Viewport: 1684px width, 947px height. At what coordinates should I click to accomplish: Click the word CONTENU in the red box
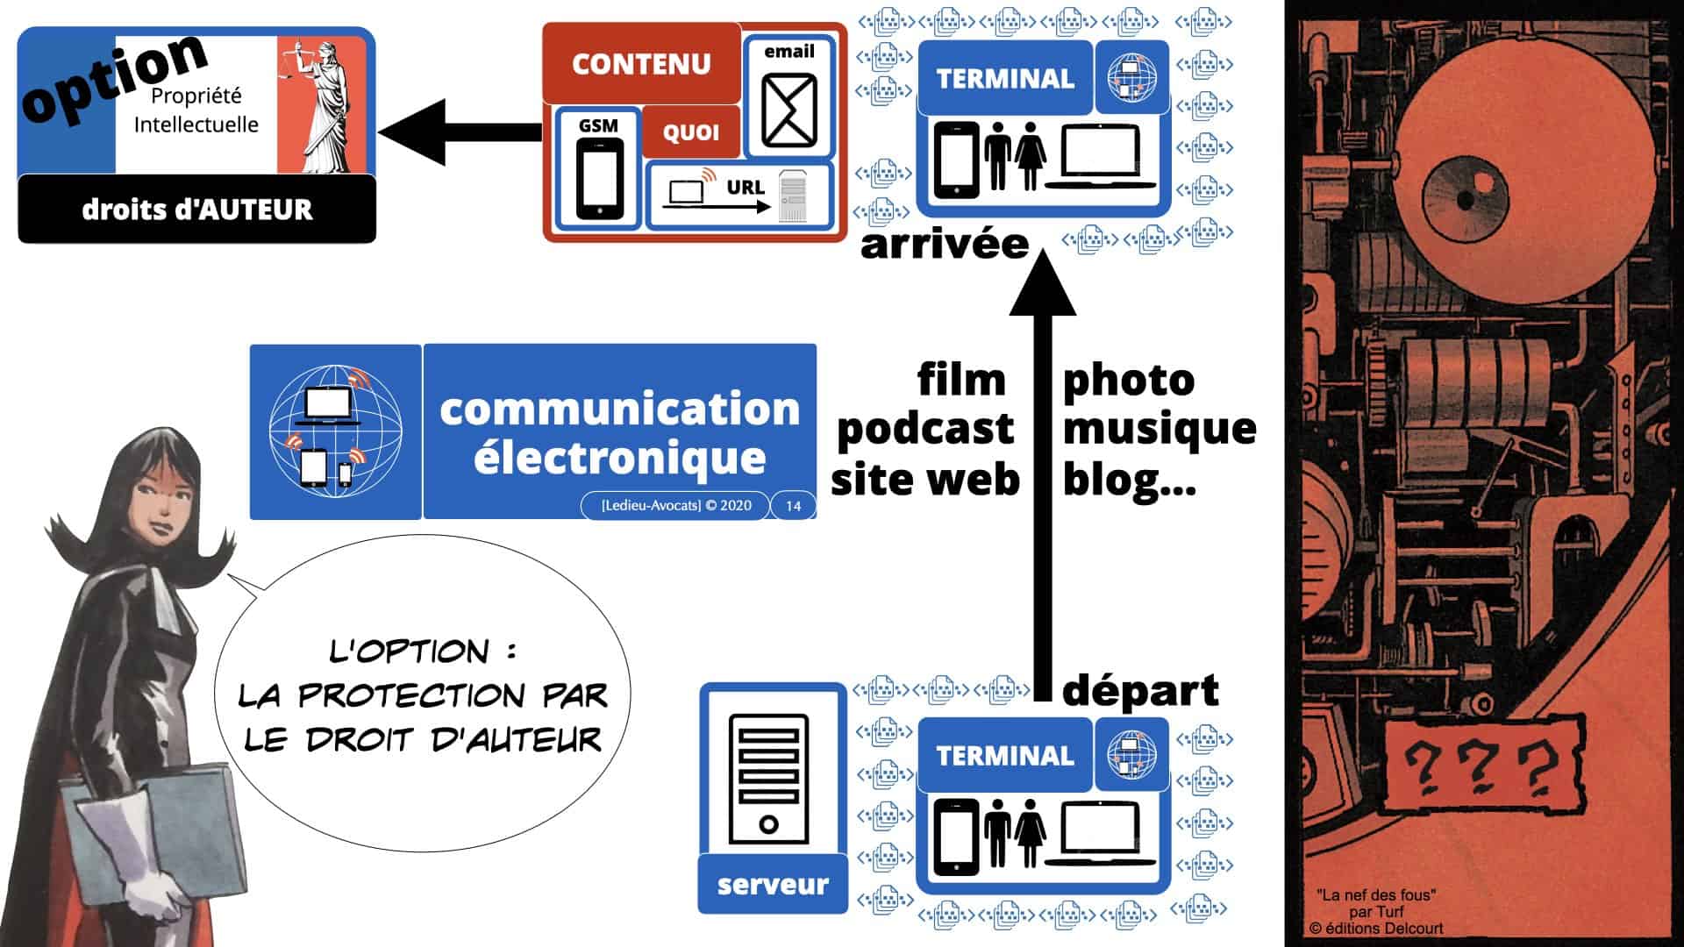coord(641,64)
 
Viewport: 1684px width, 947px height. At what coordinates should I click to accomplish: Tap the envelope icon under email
coord(788,110)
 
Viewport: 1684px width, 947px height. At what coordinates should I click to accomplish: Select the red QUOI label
coord(691,132)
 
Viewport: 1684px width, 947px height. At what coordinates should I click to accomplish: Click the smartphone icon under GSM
coord(600,179)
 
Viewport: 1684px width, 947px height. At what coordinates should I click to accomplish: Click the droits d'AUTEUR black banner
coord(196,209)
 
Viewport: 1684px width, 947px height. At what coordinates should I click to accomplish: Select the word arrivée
coord(945,244)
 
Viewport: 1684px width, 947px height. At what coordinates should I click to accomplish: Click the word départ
coord(1140,691)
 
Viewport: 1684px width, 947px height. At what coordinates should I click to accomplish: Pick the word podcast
coord(925,429)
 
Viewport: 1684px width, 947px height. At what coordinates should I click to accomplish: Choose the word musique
coord(1160,429)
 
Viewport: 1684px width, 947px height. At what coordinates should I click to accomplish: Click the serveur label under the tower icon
coord(773,884)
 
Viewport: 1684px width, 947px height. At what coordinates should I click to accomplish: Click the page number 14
coord(793,506)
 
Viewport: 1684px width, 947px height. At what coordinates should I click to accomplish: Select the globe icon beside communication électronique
coord(334,431)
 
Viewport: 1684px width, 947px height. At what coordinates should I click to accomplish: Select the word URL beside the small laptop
coord(746,187)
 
